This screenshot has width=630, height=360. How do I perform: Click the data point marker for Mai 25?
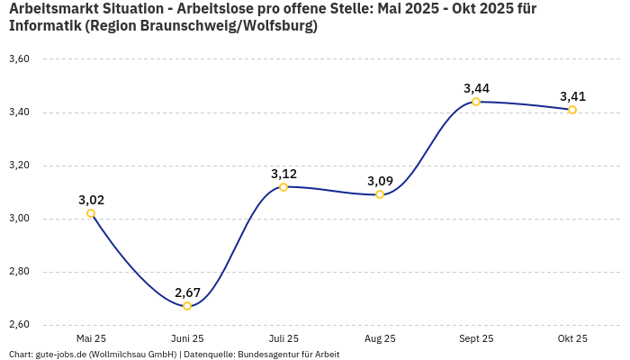[91, 213]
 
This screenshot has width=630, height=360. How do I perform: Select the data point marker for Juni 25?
[187, 306]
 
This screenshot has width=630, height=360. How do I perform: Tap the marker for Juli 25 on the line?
[283, 187]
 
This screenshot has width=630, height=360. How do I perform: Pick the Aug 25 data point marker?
[380, 194]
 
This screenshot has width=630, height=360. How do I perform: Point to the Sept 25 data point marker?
[476, 102]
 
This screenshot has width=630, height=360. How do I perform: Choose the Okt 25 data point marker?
[572, 110]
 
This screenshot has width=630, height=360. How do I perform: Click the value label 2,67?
[187, 292]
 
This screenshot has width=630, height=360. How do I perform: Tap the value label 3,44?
[476, 88]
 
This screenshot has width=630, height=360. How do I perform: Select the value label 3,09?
[380, 181]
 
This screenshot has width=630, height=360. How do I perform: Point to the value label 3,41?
[572, 96]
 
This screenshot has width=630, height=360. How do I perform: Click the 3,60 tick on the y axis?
[19, 59]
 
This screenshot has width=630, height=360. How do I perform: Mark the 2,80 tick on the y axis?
[19, 272]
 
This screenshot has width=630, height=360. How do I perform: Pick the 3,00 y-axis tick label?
[19, 219]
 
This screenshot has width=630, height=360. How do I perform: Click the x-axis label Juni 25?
[187, 339]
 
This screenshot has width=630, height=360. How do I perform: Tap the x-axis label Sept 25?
[476, 339]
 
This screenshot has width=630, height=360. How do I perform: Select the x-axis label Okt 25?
[572, 339]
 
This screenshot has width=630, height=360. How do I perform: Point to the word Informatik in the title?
[45, 26]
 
